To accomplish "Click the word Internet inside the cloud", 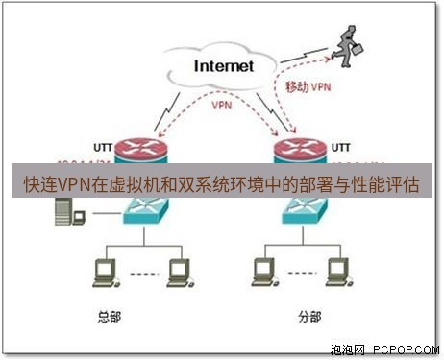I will [x=224, y=66].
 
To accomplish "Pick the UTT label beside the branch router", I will [x=340, y=148].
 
